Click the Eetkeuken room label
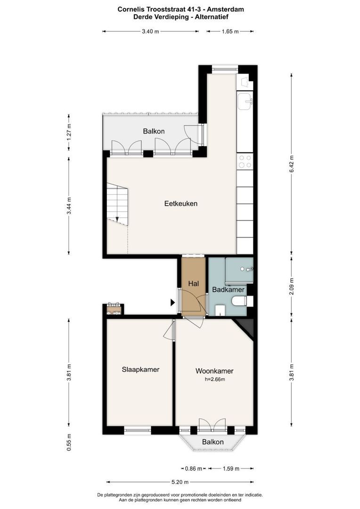point(181,204)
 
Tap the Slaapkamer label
point(140,369)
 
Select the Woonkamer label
point(214,371)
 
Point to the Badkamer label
point(228,289)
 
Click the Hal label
point(194,284)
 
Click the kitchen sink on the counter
point(245,101)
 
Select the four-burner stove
point(245,161)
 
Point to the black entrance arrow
point(172,303)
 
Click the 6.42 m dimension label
point(291,164)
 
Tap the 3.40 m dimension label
point(150,32)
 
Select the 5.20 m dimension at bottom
point(180,482)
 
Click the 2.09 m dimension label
point(291,287)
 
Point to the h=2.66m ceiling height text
point(215,379)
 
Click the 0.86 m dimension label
point(194,468)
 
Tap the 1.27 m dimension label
point(69,132)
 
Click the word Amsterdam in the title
point(228,9)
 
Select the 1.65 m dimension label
point(230,32)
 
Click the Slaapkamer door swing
point(168,330)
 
